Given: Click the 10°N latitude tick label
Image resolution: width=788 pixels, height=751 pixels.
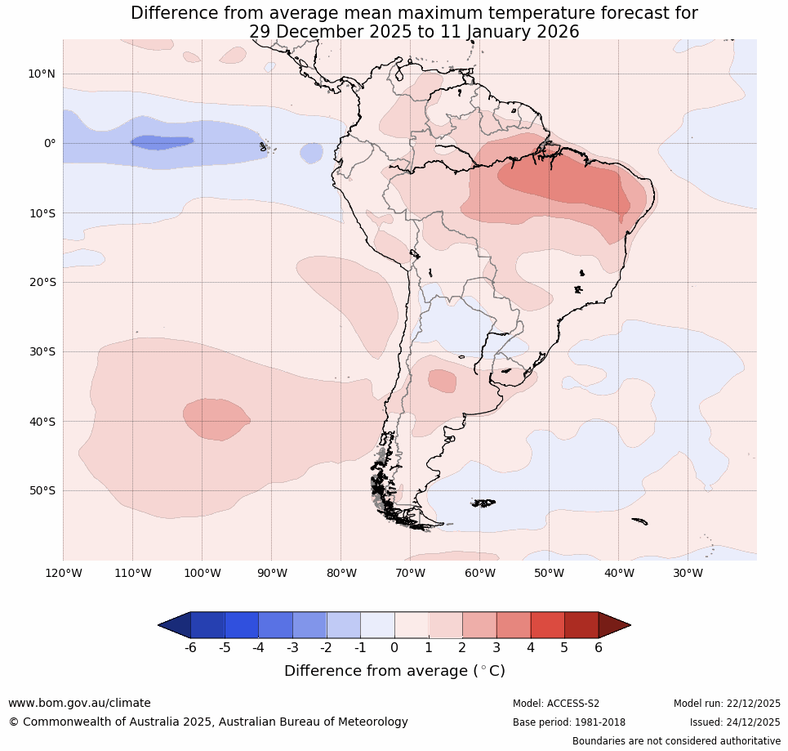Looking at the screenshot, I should click(41, 74).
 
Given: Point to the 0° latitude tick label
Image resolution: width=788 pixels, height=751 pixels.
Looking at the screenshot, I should click(50, 143).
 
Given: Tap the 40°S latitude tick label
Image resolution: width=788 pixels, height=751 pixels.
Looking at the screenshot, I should click(41, 422).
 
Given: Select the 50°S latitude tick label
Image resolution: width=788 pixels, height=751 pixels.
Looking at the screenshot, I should click(41, 491).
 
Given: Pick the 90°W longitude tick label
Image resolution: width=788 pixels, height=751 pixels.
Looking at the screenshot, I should click(271, 573).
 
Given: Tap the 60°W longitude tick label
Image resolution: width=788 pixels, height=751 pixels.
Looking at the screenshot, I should click(479, 573).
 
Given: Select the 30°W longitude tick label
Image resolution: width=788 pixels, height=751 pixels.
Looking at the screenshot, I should click(688, 573).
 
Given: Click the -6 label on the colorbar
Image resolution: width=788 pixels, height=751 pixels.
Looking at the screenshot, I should click(189, 647).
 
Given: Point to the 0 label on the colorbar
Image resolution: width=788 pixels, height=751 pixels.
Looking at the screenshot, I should click(394, 647).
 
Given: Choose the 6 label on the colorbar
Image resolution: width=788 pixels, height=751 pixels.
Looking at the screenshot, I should click(599, 647).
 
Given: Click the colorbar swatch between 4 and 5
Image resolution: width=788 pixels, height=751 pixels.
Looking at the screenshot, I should click(547, 625).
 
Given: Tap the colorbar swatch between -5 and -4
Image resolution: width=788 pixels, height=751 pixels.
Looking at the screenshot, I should click(241, 625).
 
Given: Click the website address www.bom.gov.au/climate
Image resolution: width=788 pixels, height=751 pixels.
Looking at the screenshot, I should click(79, 703).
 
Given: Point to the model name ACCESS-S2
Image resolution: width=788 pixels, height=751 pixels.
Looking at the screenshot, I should click(572, 704).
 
